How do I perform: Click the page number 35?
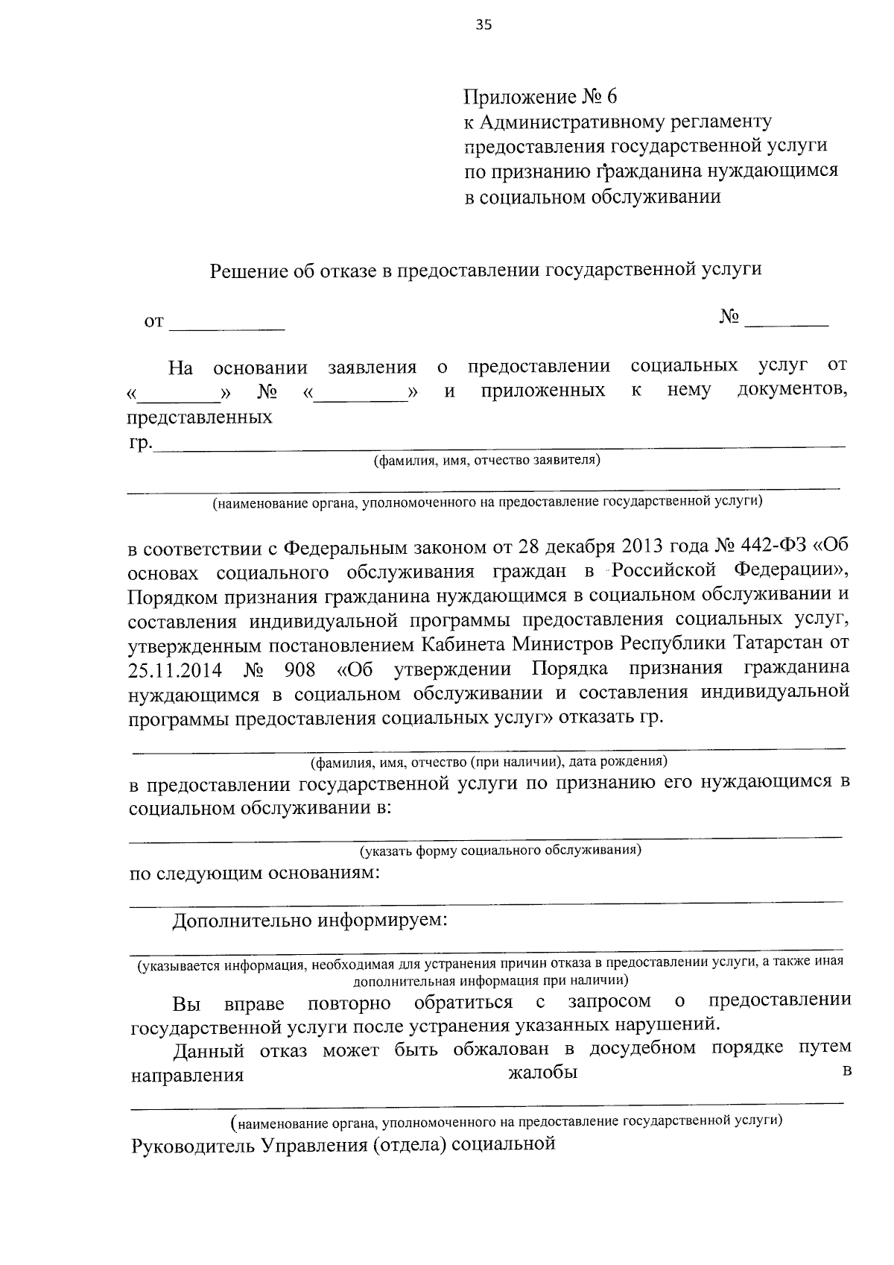(484, 25)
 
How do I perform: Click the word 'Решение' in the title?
(245, 271)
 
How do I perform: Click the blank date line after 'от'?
(227, 323)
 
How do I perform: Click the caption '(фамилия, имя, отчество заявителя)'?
(486, 460)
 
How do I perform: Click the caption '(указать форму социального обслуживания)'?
(501, 850)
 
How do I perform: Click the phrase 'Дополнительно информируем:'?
(310, 921)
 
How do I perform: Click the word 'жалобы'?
(542, 1073)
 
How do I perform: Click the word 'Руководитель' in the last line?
(191, 1145)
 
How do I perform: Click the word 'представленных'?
(199, 417)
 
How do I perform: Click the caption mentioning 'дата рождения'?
(488, 762)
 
